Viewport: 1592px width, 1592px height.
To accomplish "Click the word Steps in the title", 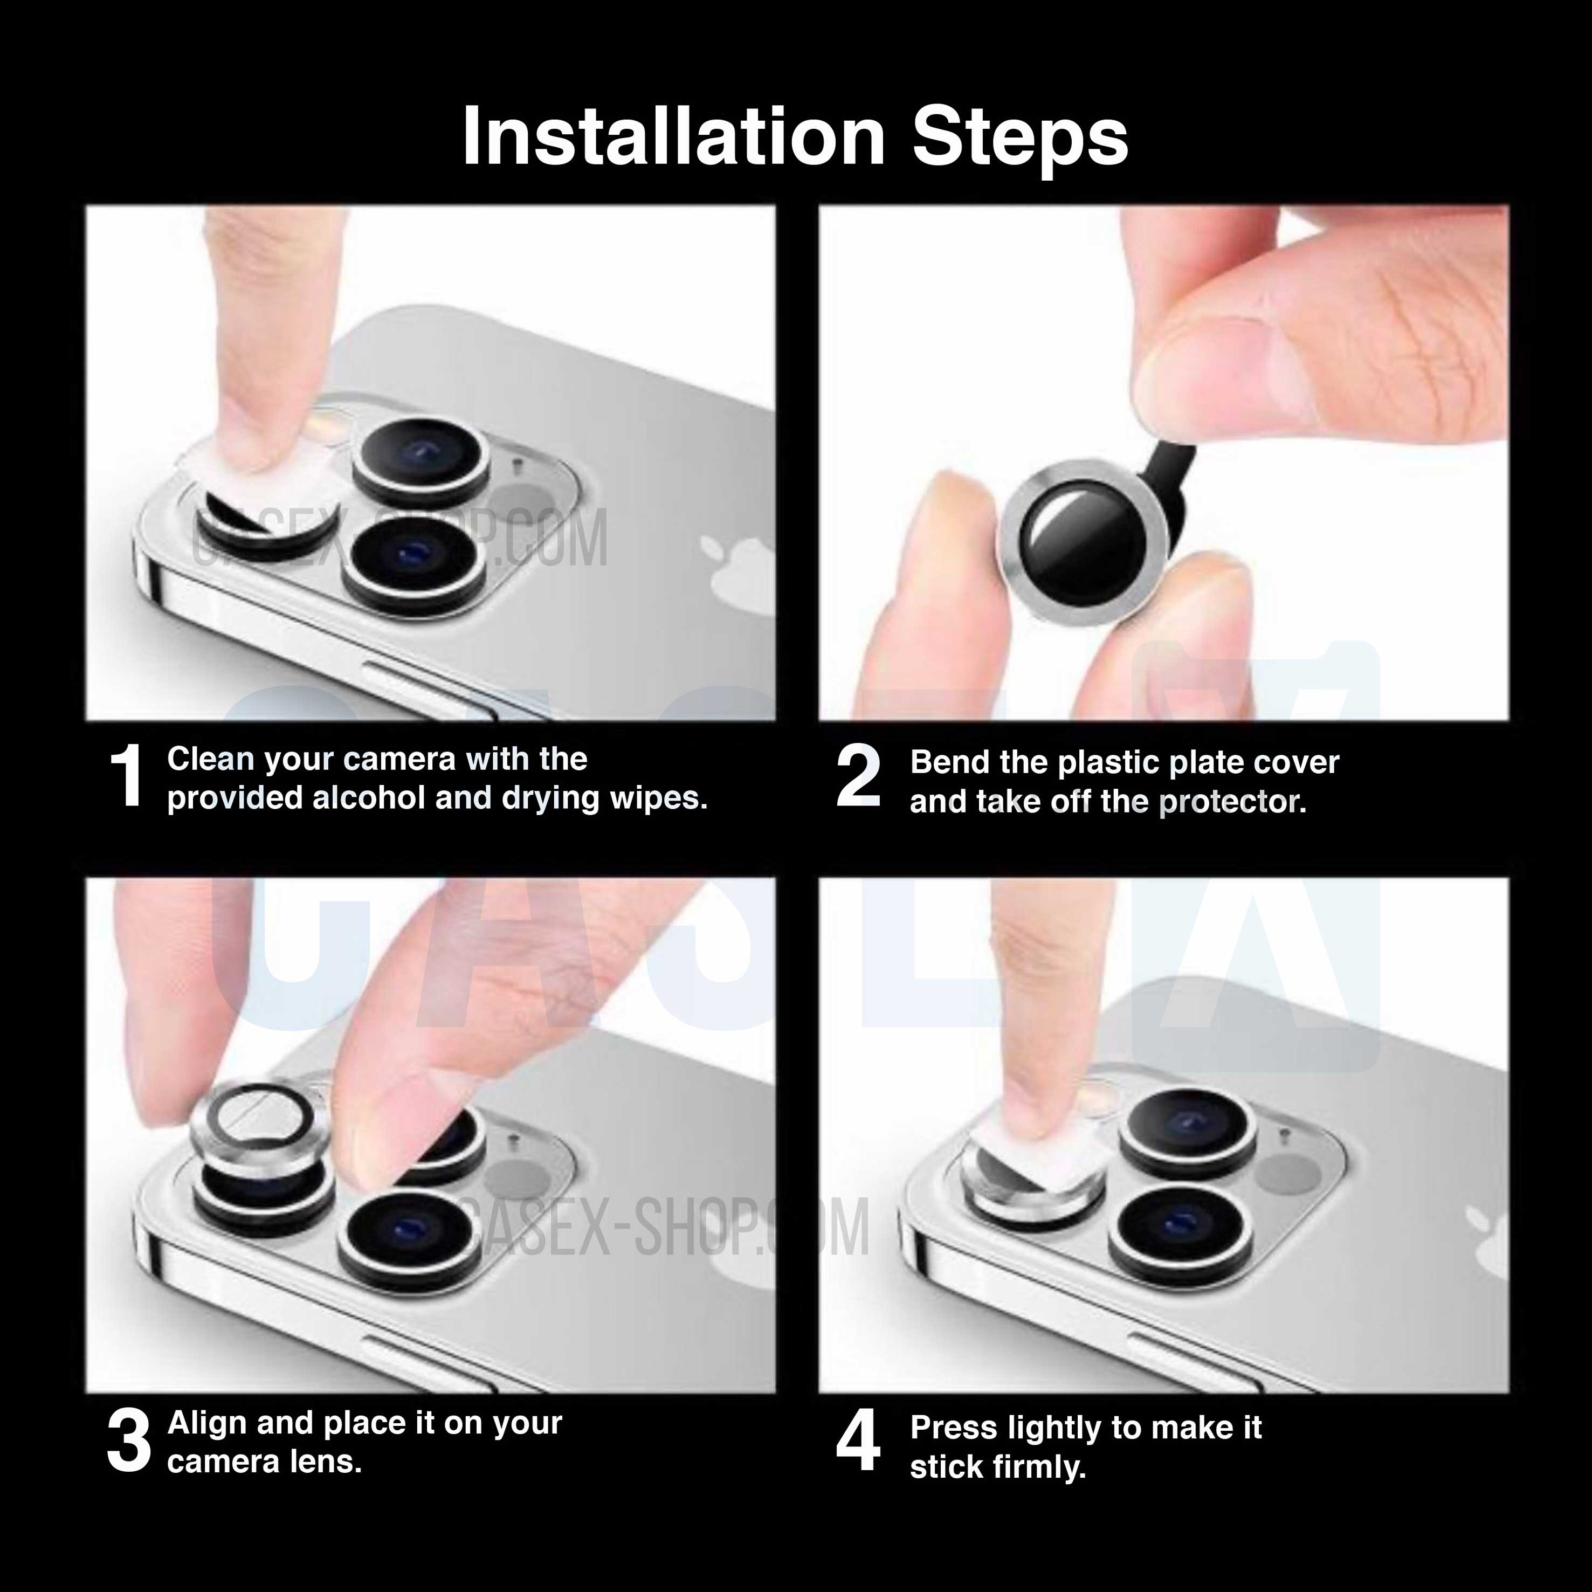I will click(x=1019, y=137).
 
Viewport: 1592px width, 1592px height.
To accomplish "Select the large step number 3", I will click(x=129, y=1441).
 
